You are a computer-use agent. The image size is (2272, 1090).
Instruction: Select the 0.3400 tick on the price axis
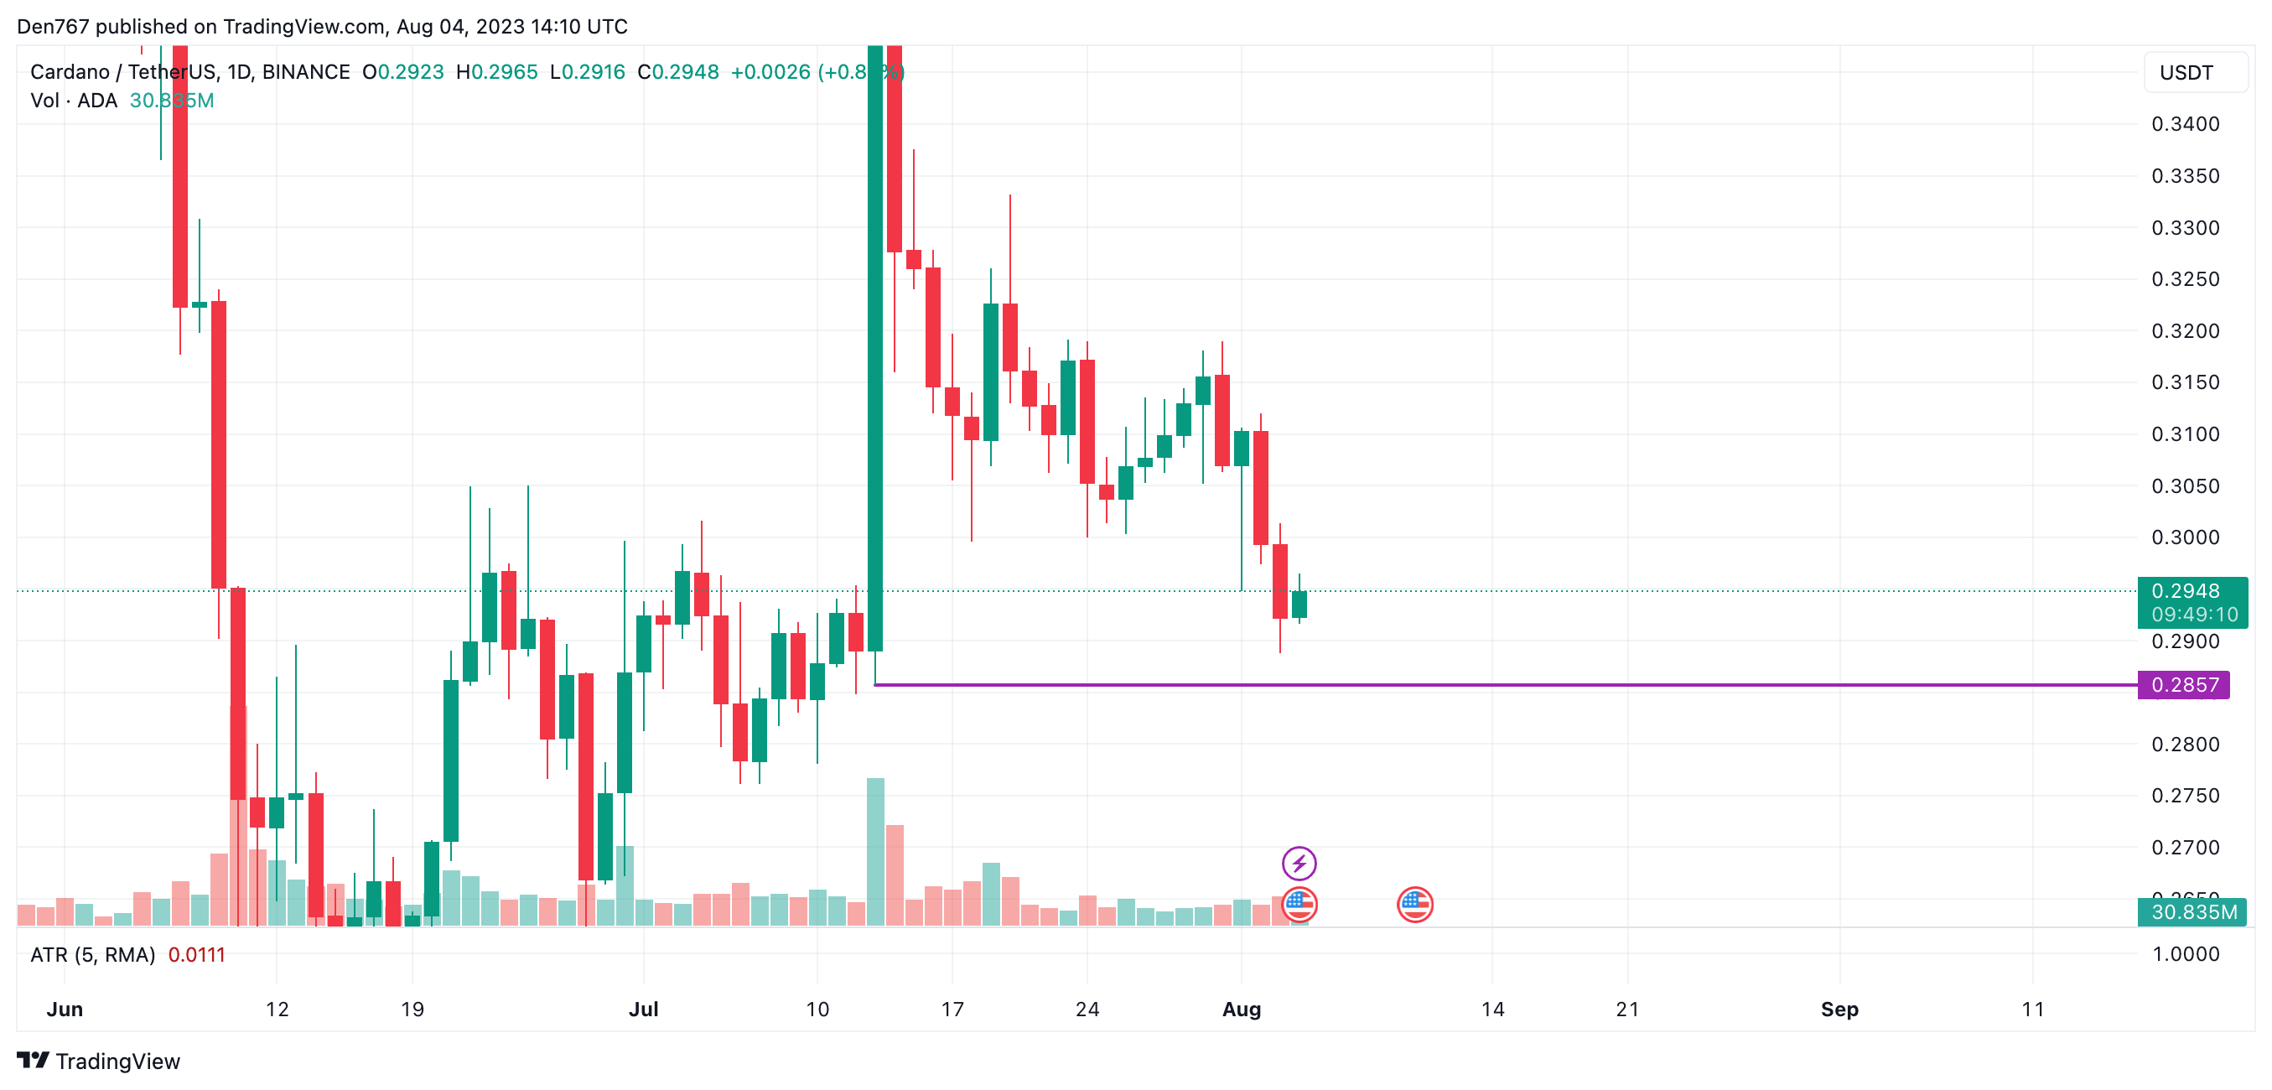coord(2185,124)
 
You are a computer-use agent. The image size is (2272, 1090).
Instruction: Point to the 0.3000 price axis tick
coord(2185,538)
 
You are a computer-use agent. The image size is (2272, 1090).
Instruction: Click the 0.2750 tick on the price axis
coord(2185,797)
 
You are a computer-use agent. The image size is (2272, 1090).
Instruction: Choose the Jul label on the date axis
coord(643,1010)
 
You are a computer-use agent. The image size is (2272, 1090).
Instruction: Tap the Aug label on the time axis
coord(1241,1010)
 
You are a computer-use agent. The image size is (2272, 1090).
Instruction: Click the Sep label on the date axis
coord(1839,1010)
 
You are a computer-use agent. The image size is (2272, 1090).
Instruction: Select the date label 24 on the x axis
coord(1087,1010)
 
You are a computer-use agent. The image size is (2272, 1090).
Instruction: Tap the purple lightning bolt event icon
coord(1299,864)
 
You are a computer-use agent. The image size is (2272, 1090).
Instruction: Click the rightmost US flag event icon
coord(1414,904)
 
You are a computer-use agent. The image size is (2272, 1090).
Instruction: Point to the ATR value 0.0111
coord(197,955)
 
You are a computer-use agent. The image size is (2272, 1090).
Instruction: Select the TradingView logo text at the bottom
coord(117,1061)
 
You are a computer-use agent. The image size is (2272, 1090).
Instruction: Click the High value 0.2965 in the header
coord(504,72)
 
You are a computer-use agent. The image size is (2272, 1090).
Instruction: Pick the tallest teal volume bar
coord(875,851)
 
